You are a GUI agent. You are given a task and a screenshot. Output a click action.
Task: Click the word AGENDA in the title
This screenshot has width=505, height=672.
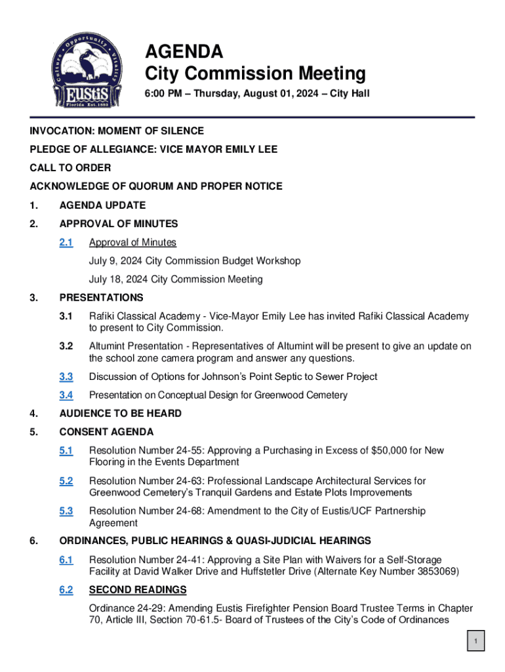[184, 51]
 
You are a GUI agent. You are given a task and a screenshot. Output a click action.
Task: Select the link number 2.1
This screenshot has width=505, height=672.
[66, 243]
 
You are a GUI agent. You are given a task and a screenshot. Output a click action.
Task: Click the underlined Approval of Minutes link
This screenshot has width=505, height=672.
[132, 243]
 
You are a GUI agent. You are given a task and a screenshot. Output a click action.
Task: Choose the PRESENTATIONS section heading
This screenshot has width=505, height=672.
[101, 298]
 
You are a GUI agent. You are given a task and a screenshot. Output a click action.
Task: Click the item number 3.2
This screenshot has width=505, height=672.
[66, 346]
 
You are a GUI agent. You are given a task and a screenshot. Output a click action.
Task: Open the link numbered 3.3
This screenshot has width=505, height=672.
[66, 377]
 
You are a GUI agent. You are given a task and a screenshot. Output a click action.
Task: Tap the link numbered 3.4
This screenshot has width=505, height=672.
[66, 395]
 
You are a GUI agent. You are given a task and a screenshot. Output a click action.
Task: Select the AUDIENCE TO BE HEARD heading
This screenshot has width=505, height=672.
[120, 413]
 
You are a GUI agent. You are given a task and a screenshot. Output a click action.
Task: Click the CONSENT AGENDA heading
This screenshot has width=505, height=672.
[106, 432]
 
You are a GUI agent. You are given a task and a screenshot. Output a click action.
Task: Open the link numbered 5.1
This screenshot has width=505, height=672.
[66, 450]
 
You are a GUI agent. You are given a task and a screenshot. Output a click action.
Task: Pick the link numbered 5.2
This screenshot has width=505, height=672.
[66, 481]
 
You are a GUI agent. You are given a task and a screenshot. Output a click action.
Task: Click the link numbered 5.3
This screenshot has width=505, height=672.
[66, 511]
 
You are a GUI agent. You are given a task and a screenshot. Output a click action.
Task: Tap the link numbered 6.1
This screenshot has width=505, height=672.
[66, 560]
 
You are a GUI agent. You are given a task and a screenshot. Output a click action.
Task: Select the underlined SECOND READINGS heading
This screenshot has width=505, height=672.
[138, 590]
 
